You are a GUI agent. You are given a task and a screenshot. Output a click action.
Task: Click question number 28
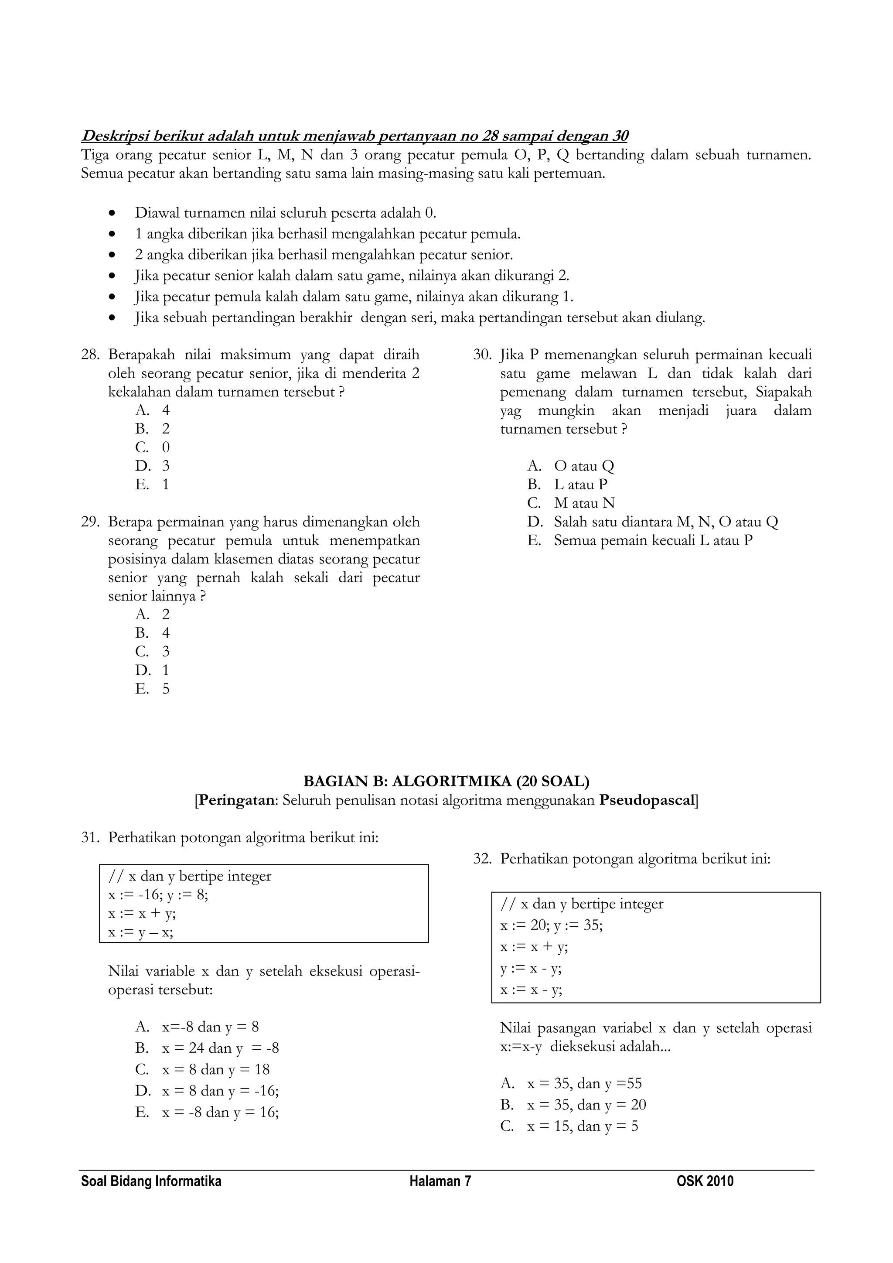90,355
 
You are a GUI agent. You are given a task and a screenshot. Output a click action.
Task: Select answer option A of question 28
152,410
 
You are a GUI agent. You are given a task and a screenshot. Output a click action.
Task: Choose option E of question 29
152,689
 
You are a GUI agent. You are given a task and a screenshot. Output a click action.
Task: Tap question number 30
482,355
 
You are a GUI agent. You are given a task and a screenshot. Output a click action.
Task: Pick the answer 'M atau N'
584,503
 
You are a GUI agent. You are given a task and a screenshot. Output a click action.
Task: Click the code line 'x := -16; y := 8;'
158,895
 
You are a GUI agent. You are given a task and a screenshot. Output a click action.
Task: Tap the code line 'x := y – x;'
141,932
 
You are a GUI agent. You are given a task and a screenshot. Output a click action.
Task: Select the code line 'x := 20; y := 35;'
552,926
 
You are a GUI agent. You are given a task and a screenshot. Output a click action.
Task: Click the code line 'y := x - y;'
531,969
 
